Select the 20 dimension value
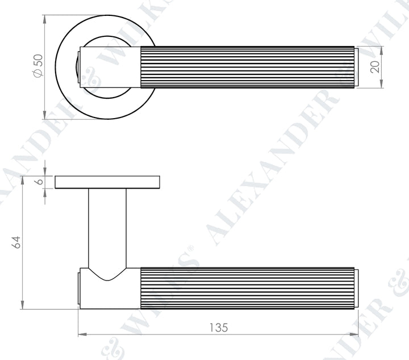coord(374,67)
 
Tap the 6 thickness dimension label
coord(38,182)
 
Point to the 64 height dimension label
coord(16,242)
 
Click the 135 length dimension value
coord(218,328)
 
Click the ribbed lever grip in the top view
coord(247,67)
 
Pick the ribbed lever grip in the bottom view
coord(247,288)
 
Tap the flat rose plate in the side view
coord(107,182)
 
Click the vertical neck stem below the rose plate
coord(107,227)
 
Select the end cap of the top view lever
coord(356,67)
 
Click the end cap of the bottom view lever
coord(356,288)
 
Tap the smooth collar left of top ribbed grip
coord(111,67)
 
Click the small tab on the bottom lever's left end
coord(78,288)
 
